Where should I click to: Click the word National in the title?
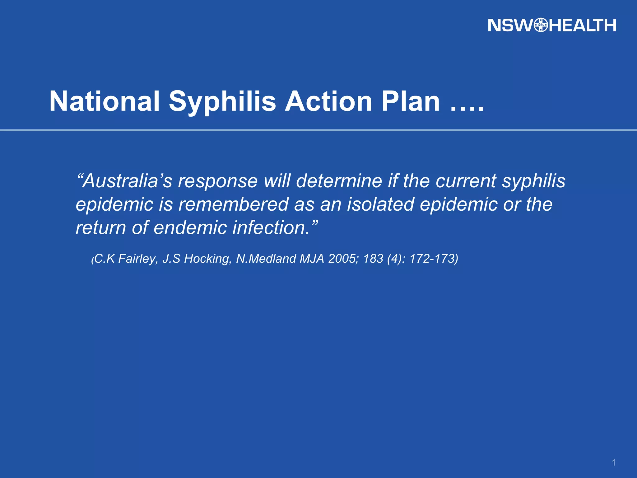click(x=105, y=101)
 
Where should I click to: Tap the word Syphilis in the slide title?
click(x=222, y=102)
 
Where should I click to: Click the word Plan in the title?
click(x=411, y=101)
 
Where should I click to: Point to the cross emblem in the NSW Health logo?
click(x=541, y=25)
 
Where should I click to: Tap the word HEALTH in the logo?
click(x=582, y=25)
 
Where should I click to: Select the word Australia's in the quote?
click(x=124, y=181)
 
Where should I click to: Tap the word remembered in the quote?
click(x=233, y=204)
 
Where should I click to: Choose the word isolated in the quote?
click(x=380, y=204)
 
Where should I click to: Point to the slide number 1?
click(x=614, y=463)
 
